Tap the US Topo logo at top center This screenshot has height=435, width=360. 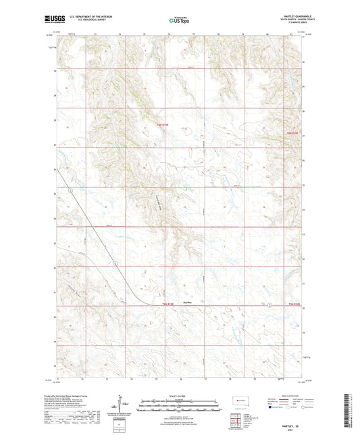(x=179, y=21)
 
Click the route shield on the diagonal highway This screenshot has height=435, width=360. (x=115, y=261)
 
